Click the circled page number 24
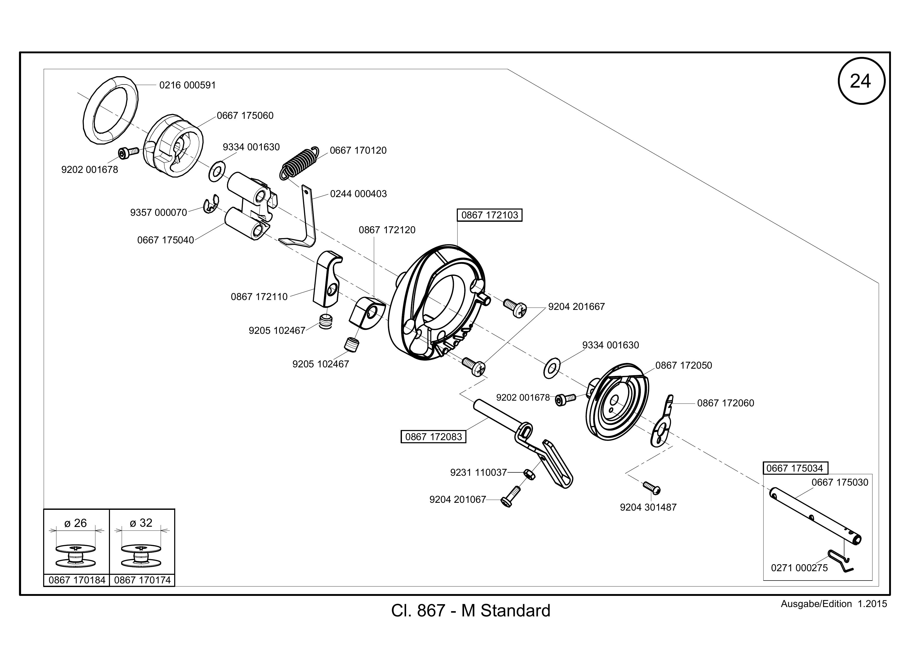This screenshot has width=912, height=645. [861, 81]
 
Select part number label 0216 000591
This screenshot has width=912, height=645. [187, 85]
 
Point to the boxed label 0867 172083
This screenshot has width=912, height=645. [433, 436]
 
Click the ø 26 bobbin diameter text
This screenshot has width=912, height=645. [75, 523]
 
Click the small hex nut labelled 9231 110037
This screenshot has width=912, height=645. [529, 474]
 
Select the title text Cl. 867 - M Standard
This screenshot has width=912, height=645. [471, 610]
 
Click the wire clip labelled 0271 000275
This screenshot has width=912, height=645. [840, 561]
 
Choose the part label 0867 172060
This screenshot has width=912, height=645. [725, 403]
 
